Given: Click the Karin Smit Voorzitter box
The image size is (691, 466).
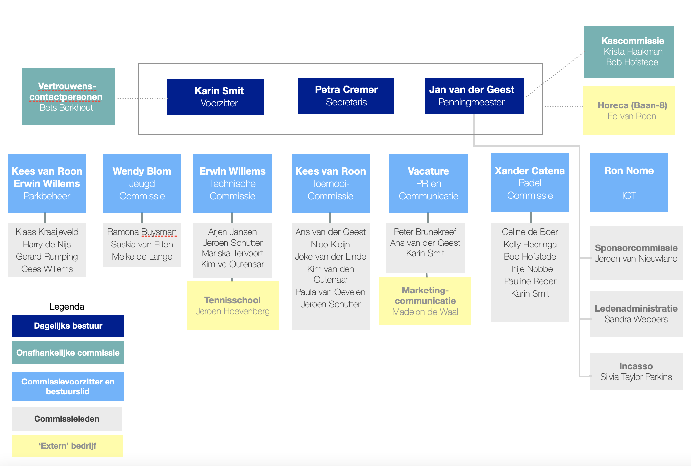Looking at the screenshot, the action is pyautogui.click(x=215, y=97).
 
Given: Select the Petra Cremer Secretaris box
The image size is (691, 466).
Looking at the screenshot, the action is pyautogui.click(x=346, y=96).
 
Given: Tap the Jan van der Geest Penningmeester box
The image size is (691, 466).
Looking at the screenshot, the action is pyautogui.click(x=474, y=96).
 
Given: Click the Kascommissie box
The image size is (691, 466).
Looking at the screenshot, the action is pyautogui.click(x=629, y=52).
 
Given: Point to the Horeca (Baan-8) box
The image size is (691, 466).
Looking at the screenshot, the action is pyautogui.click(x=629, y=111).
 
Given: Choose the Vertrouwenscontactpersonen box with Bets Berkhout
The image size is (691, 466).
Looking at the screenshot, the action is pyautogui.click(x=68, y=97).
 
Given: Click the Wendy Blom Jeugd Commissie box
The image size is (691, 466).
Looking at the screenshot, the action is pyautogui.click(x=142, y=183).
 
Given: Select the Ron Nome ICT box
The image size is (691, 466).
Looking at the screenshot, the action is pyautogui.click(x=629, y=183).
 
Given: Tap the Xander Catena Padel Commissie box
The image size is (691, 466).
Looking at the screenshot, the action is pyautogui.click(x=530, y=183).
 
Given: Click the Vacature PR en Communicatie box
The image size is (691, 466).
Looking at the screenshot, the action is pyautogui.click(x=428, y=183).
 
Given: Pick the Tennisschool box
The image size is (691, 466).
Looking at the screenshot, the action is pyautogui.click(x=233, y=305).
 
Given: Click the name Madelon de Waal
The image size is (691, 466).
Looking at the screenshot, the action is pyautogui.click(x=425, y=312).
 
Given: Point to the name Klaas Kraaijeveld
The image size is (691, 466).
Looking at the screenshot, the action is pyautogui.click(x=47, y=232).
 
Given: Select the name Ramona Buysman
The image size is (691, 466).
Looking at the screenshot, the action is pyautogui.click(x=142, y=232).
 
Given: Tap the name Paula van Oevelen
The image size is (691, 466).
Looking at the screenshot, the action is pyautogui.click(x=330, y=292).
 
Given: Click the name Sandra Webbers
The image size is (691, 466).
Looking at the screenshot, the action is pyautogui.click(x=636, y=319).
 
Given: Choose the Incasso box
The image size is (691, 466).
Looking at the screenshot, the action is pyautogui.click(x=636, y=371).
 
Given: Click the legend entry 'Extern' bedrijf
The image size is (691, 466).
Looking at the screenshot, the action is pyautogui.click(x=67, y=446).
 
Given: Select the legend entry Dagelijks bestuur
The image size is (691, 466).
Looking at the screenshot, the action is pyautogui.click(x=68, y=326).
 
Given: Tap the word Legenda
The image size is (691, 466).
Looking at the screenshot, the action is pyautogui.click(x=67, y=307).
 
